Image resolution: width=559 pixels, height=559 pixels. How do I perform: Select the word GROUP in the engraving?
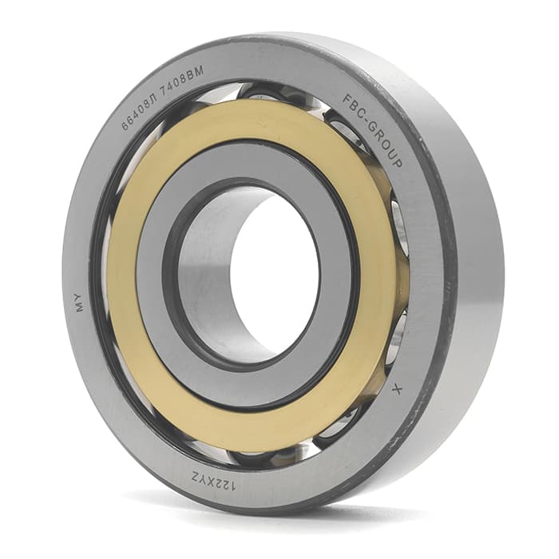[384, 144]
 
